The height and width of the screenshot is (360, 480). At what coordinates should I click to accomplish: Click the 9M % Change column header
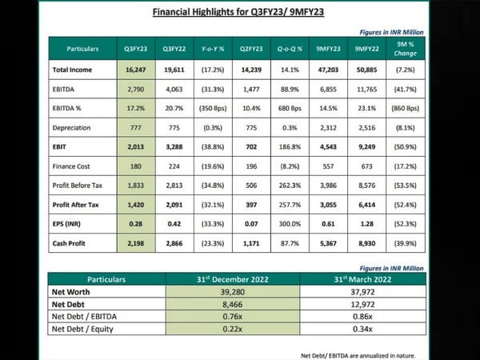[x=406, y=49]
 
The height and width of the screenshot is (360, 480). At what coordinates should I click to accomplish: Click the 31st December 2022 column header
[x=232, y=281]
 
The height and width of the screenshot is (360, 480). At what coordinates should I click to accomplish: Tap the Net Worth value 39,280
[x=232, y=292]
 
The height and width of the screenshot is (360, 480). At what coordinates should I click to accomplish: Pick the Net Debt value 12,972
[x=363, y=304]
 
